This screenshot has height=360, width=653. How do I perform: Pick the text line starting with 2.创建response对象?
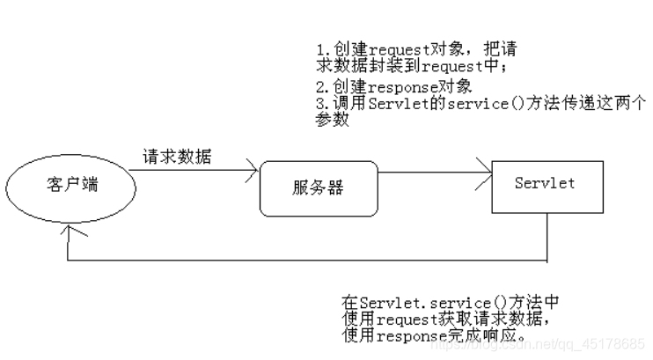click(394, 87)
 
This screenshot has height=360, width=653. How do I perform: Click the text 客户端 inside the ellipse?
click(70, 186)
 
